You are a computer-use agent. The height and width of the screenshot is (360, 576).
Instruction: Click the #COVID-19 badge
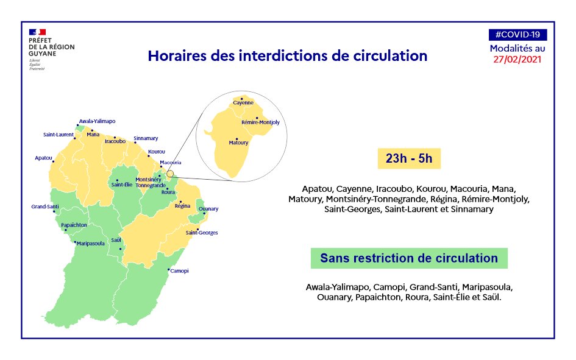point(517,35)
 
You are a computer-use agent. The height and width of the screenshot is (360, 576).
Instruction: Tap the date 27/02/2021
point(517,60)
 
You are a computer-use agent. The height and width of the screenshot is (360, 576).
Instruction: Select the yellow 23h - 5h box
point(409,158)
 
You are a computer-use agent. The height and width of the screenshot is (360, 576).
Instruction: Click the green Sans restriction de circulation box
point(409,258)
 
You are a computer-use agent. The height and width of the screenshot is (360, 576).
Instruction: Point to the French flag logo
point(37,32)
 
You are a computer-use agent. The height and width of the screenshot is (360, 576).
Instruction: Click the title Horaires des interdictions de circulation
point(288,56)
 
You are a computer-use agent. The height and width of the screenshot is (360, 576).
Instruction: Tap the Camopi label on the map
point(179,271)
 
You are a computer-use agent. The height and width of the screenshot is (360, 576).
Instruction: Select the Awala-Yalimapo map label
point(97,121)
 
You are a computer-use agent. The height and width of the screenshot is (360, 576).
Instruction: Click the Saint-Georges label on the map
point(202,233)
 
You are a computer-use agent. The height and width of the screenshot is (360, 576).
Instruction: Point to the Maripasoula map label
point(91,243)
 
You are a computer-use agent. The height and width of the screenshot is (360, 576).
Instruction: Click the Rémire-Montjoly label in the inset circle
point(260,122)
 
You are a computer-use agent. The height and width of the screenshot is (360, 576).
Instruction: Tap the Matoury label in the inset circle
point(238,143)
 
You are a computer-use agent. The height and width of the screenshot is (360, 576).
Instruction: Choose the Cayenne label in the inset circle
point(243,103)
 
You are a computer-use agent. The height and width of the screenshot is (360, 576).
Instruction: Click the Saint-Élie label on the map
point(122,185)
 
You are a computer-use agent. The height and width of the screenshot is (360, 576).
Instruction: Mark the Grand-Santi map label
point(45,206)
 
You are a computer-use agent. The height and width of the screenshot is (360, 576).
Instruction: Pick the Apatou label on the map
point(43,158)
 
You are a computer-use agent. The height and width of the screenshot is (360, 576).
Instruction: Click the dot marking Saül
point(120,249)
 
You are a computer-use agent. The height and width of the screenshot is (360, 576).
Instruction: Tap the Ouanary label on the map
point(208,209)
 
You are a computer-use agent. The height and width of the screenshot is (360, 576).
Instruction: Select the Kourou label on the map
point(157,152)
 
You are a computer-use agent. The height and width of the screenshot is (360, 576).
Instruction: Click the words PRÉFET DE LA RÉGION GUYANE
point(51,47)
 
